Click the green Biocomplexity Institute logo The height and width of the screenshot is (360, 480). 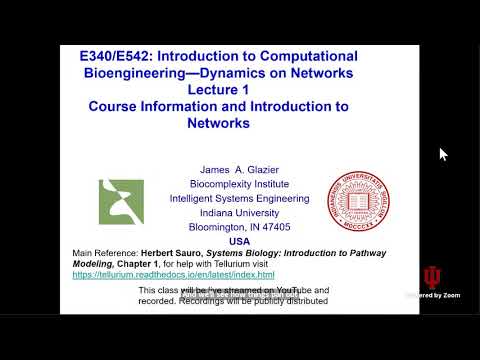pyautogui.click(x=121, y=202)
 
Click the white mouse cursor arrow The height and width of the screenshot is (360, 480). pyautogui.click(x=443, y=154)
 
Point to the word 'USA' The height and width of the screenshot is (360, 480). pyautogui.click(x=239, y=241)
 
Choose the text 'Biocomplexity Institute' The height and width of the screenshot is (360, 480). pyautogui.click(x=239, y=184)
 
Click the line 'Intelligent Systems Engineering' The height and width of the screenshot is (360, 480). pyautogui.click(x=239, y=198)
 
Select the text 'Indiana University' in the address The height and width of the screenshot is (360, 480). pyautogui.click(x=239, y=212)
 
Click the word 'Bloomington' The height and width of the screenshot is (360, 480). pyautogui.click(x=216, y=227)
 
